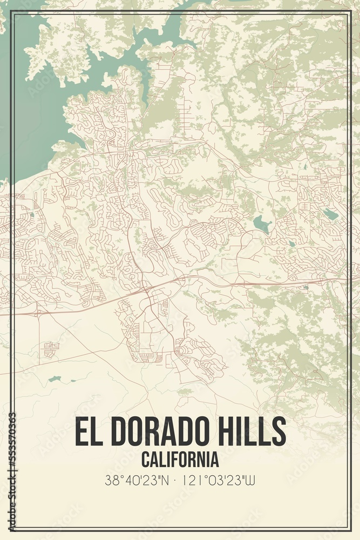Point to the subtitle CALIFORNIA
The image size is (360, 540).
pyautogui.click(x=180, y=460)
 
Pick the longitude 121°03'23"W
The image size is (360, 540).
pyautogui.click(x=219, y=480)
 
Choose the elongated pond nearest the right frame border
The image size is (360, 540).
pyautogui.click(x=331, y=214)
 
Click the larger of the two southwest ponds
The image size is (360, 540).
pyautogui.click(x=54, y=379)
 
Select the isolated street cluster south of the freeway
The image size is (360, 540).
pyautogui.click(x=52, y=348)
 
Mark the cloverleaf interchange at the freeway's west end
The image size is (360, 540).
pyautogui.click(x=37, y=312)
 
